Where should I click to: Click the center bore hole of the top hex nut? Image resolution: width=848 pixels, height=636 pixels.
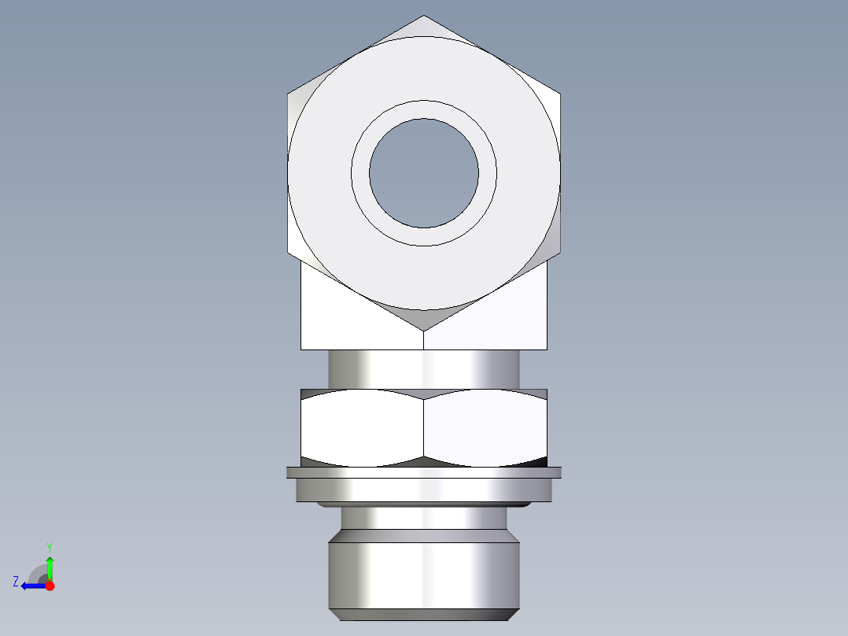[x=424, y=173]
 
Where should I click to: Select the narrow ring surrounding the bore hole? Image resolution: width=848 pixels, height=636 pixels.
[x=424, y=109]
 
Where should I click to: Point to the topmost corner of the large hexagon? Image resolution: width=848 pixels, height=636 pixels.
[x=424, y=17]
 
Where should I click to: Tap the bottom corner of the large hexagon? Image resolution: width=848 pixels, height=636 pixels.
[x=424, y=330]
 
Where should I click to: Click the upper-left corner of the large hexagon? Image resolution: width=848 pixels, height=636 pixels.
[x=288, y=94]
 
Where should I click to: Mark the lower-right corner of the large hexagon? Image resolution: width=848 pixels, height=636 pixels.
[x=560, y=253]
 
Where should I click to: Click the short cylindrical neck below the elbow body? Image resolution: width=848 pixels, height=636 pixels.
[x=424, y=368]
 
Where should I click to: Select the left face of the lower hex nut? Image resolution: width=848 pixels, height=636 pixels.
[x=362, y=425]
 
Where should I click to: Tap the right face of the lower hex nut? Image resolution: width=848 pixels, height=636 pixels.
[x=485, y=425]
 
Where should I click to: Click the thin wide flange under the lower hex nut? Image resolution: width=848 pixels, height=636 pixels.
[x=424, y=472]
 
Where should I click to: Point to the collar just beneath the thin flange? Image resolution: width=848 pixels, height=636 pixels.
[x=424, y=490]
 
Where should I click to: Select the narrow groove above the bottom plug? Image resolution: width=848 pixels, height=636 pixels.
[x=424, y=517]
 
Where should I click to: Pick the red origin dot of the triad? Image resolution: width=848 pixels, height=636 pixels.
[x=50, y=586]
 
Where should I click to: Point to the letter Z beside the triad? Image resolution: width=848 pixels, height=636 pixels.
[x=16, y=582]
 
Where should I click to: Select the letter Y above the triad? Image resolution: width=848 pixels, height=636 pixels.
[x=49, y=546]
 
